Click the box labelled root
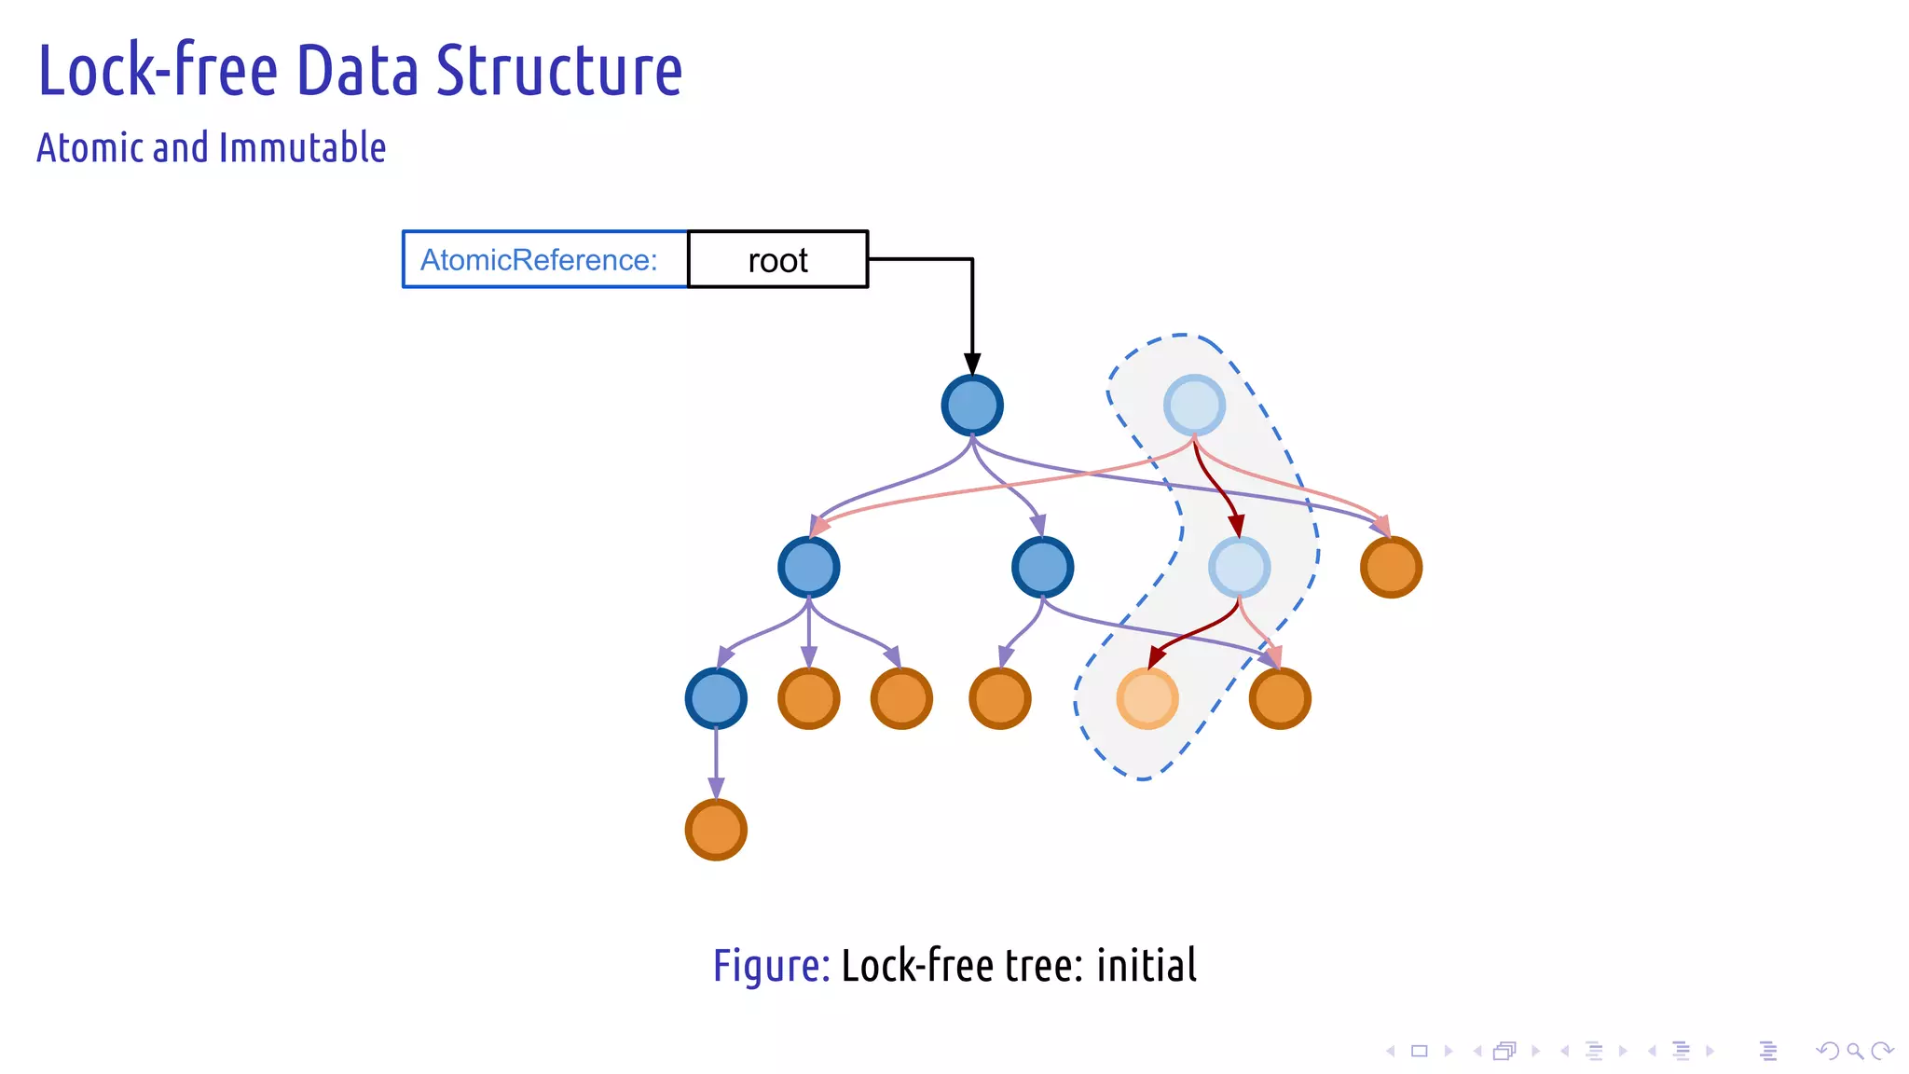(x=777, y=259)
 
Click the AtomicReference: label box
(x=544, y=259)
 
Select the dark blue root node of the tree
(x=972, y=406)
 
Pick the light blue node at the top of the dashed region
(x=1194, y=406)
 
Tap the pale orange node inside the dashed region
(x=1147, y=698)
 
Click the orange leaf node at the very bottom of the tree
(x=716, y=829)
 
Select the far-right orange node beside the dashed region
(x=1391, y=567)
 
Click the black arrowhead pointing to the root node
(x=972, y=365)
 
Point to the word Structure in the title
(x=559, y=71)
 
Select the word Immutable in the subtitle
(x=302, y=148)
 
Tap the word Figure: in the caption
(x=771, y=965)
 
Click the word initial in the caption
(x=1147, y=965)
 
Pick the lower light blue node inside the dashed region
(x=1239, y=567)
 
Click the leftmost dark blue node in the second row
(x=809, y=567)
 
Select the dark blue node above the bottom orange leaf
(x=716, y=698)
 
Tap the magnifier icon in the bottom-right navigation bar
(x=1855, y=1051)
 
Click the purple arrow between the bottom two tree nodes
(x=716, y=760)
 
